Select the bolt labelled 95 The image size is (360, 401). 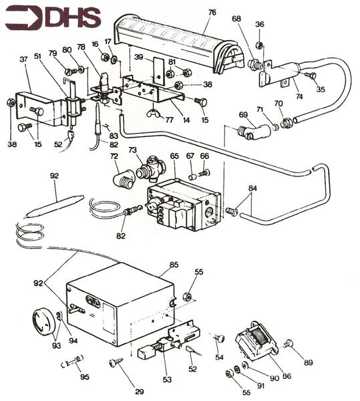click(70, 365)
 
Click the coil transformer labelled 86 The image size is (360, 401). click(256, 343)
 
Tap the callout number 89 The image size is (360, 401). click(309, 363)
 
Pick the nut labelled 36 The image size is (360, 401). click(260, 46)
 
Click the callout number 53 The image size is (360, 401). click(166, 380)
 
